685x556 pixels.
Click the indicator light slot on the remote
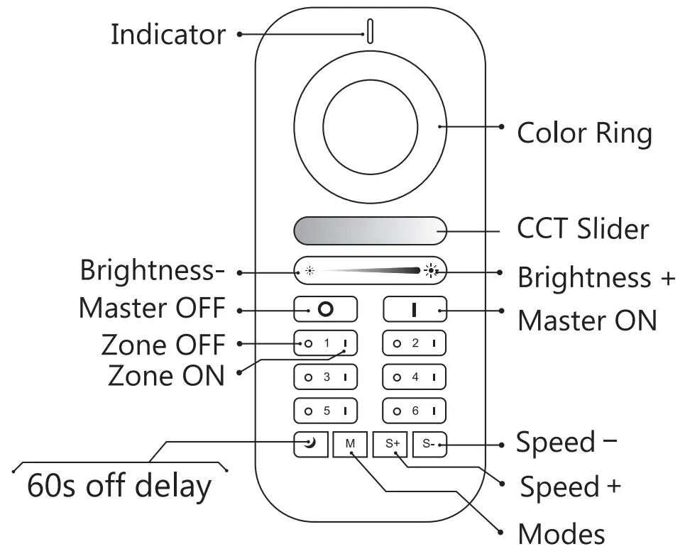click(370, 32)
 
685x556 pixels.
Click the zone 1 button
click(327, 344)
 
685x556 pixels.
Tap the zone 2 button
click(415, 344)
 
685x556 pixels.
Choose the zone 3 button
click(327, 377)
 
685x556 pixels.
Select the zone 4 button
click(415, 377)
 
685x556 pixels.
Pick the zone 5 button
click(327, 410)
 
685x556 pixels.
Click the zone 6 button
click(415, 410)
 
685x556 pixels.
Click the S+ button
click(393, 444)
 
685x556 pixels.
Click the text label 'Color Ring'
click(584, 133)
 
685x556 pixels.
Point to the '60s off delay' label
click(119, 486)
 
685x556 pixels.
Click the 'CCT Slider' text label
click(583, 229)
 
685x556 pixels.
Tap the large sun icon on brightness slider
click(430, 270)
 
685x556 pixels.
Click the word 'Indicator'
click(168, 34)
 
